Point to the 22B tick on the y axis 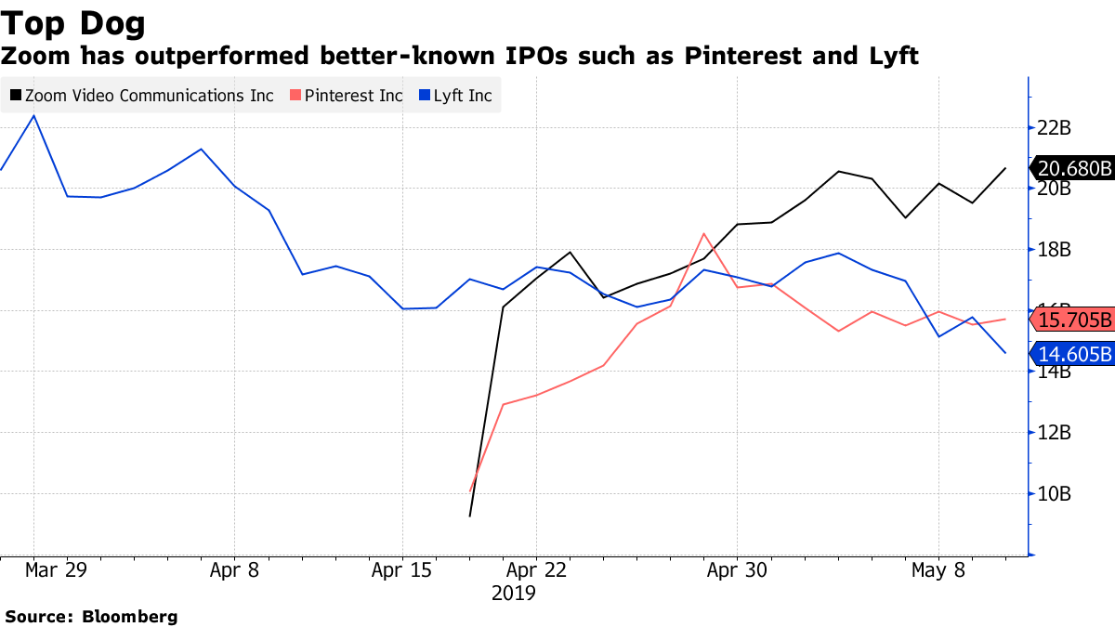pos(1054,127)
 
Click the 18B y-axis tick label pos(1054,250)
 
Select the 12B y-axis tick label pos(1054,433)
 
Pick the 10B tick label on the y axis pos(1054,494)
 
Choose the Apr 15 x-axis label pos(402,570)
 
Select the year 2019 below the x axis pos(514,593)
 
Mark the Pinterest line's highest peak pos(704,233)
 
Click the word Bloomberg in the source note pos(130,616)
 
